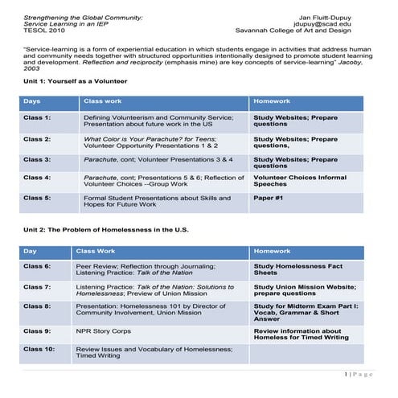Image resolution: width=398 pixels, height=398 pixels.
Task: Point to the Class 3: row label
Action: pos(37,159)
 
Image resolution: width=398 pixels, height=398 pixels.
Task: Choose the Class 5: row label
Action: pos(37,197)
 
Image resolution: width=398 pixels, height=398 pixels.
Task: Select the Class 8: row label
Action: pos(37,306)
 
